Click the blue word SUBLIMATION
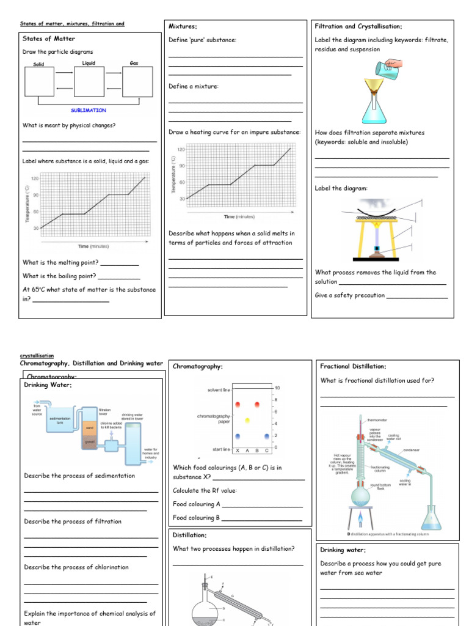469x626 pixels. (x=89, y=111)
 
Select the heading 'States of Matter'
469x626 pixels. (x=48, y=39)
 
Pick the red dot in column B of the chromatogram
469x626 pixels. (x=257, y=405)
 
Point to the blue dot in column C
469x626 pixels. (x=267, y=436)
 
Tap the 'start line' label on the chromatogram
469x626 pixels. (x=221, y=449)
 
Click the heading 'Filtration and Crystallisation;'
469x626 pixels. (x=358, y=26)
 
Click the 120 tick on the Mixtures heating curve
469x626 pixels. (x=181, y=149)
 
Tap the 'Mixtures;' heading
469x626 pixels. (x=183, y=26)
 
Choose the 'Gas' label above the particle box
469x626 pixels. (x=134, y=63)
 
